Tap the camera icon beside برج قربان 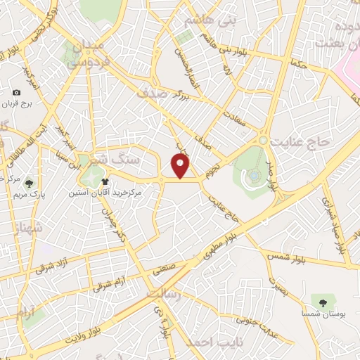17,93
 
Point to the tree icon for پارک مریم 29,184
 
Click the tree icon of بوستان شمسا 323,302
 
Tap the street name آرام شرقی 108,283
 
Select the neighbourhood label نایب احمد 210,342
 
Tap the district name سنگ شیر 131,160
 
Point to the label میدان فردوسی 87,53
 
